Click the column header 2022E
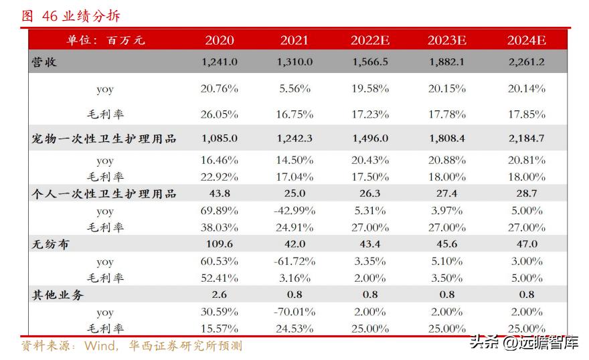click(x=369, y=40)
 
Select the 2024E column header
click(x=526, y=40)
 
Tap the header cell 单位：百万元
click(x=106, y=40)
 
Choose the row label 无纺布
click(x=51, y=244)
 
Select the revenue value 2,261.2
click(x=526, y=62)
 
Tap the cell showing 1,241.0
click(x=220, y=62)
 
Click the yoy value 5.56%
click(x=294, y=88)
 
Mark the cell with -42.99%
click(x=294, y=211)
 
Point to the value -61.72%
click(x=294, y=261)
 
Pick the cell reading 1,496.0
click(x=369, y=139)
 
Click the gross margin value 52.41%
click(x=220, y=278)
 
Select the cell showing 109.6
click(x=220, y=244)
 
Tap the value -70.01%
click(x=294, y=312)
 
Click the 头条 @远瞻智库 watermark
click(x=523, y=343)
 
